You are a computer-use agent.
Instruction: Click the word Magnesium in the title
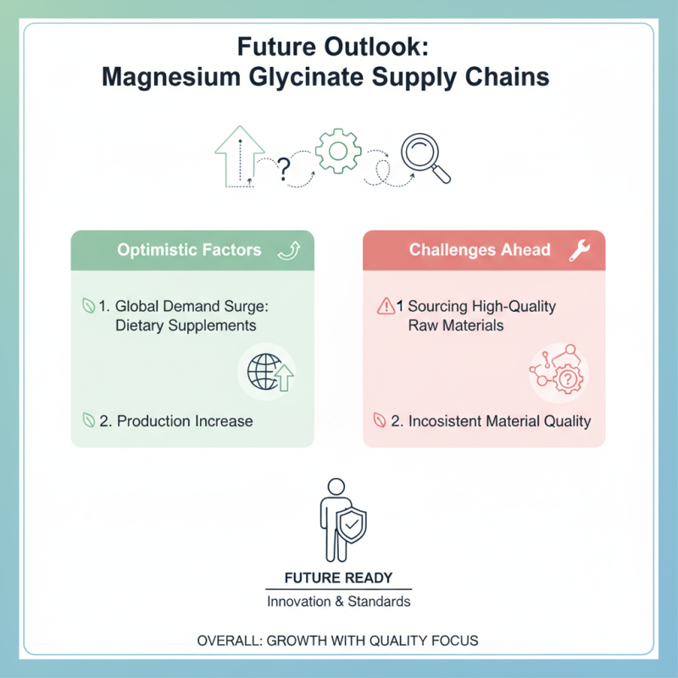coord(171,77)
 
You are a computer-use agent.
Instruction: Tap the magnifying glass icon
coord(426,158)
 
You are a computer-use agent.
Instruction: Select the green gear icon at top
coord(338,151)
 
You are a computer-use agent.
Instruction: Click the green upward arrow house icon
coord(240,157)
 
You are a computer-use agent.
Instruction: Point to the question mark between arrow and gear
coord(284,169)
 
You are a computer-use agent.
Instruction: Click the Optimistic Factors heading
coord(189,250)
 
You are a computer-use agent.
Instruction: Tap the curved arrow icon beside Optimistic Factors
coord(289,251)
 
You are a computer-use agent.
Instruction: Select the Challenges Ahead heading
coord(480,250)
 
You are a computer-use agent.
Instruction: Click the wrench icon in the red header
coord(580,250)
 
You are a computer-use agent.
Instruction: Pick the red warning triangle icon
coord(386,306)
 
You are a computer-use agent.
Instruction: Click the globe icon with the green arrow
coord(270,372)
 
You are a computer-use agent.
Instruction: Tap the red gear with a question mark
coord(568,379)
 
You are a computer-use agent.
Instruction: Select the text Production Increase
coord(185,421)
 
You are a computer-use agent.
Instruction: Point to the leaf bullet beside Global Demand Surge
coord(88,306)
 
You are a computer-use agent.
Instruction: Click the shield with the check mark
coord(352,525)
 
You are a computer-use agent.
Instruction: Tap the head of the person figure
coord(336,486)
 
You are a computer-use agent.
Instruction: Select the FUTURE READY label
coord(338,578)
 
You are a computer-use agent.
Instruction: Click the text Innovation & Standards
coord(338,602)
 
